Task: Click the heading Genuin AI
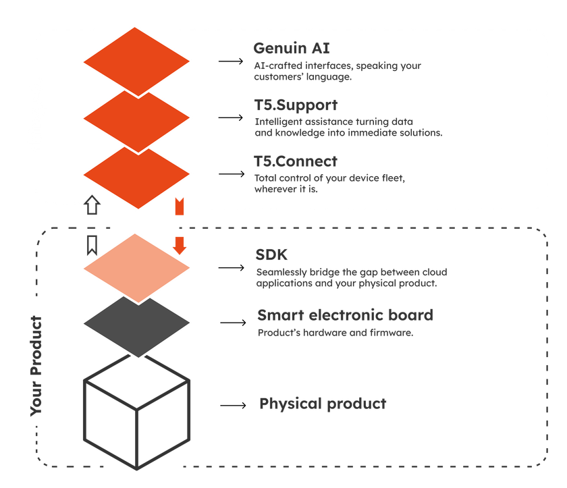pos(290,49)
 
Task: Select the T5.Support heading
pos(296,106)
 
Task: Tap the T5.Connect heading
pos(296,162)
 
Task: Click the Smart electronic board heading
pos(345,316)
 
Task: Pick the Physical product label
pos(323,404)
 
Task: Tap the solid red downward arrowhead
pos(180,245)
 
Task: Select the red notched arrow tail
pos(180,207)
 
